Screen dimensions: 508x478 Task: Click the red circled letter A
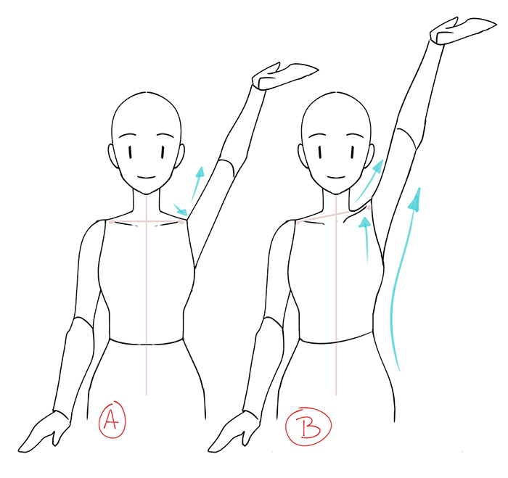(112, 419)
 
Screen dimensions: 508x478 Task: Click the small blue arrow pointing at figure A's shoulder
(180, 210)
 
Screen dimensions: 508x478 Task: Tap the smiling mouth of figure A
(147, 178)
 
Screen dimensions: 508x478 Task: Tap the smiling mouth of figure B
(336, 178)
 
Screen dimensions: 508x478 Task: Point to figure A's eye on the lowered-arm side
(131, 152)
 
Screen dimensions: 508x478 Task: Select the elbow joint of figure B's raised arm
(406, 139)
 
